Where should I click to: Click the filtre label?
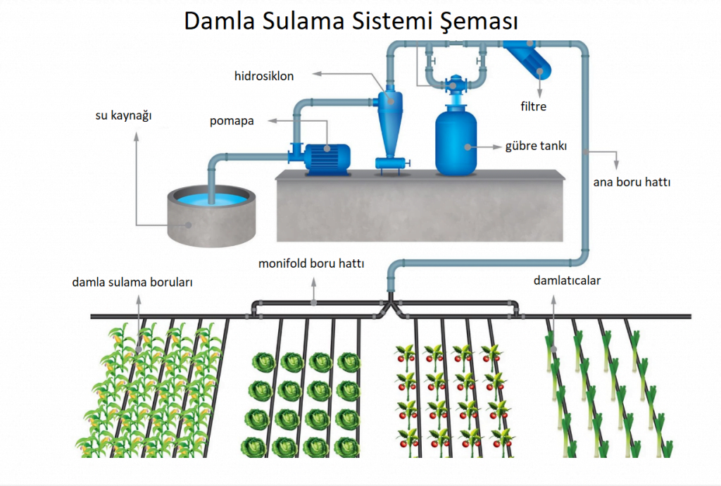[534, 107]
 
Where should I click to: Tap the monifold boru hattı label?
[315, 264]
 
